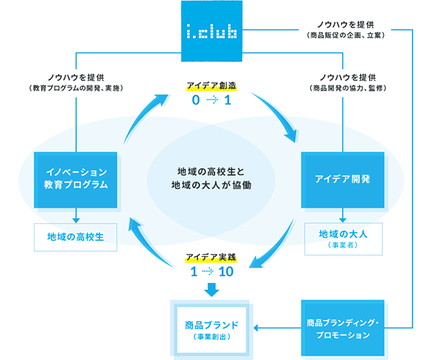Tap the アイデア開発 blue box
tap(341, 179)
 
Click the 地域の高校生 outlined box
tap(76, 235)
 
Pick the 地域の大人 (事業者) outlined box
tap(341, 238)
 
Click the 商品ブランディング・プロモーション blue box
tap(341, 328)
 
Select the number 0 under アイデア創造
tap(194, 101)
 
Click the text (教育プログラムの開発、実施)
tap(76, 88)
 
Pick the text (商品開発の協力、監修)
tap(341, 88)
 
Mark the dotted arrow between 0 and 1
tap(210, 101)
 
